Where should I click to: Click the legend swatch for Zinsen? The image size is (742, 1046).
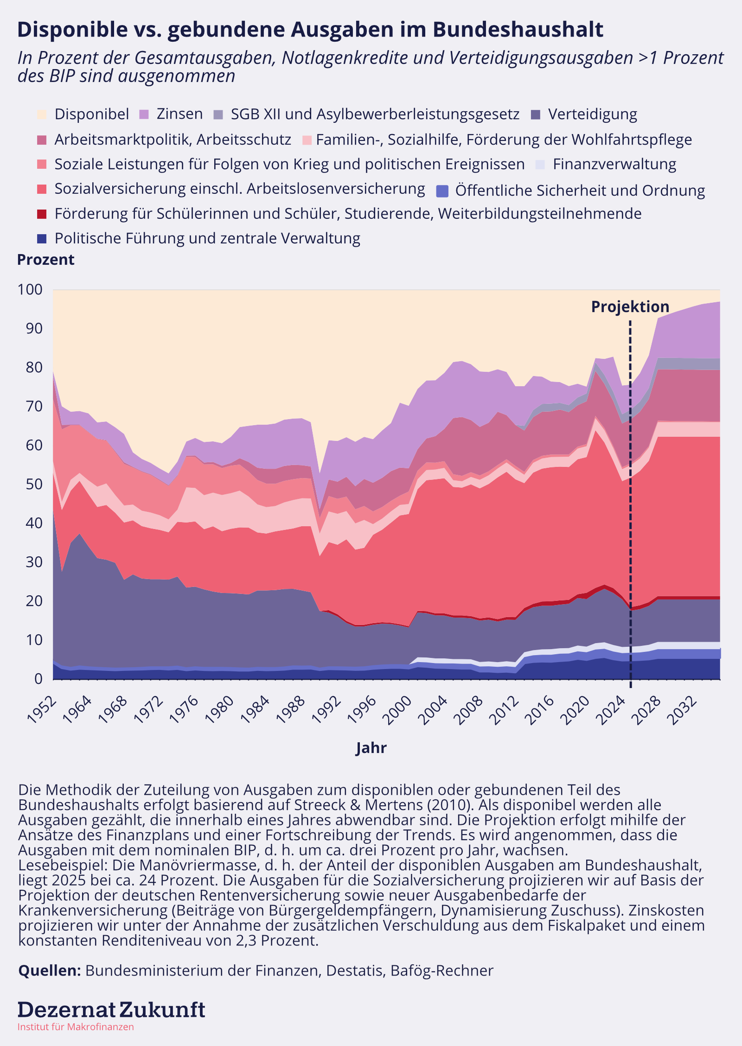[144, 115]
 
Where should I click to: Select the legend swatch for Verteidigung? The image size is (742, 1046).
[536, 115]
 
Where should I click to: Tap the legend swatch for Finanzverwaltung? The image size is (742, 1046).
[540, 165]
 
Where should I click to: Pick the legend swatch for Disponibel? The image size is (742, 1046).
[42, 115]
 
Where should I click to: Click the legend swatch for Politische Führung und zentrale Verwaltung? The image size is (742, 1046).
[42, 239]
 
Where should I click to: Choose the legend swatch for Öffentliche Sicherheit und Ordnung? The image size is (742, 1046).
[443, 191]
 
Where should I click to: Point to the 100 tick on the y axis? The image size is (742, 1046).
[30, 290]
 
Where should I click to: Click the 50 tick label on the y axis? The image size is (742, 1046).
[34, 485]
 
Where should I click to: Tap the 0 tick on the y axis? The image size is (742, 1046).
[38, 679]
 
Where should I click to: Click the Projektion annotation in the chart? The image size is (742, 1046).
[630, 307]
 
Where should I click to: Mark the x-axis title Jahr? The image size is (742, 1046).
[371, 748]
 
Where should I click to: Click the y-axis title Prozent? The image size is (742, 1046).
[45, 260]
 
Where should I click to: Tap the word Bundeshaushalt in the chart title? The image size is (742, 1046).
[518, 30]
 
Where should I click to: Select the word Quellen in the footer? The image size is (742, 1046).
[50, 970]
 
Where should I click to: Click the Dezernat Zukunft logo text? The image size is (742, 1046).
[111, 1010]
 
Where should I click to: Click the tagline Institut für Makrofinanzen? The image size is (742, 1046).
[76, 1027]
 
